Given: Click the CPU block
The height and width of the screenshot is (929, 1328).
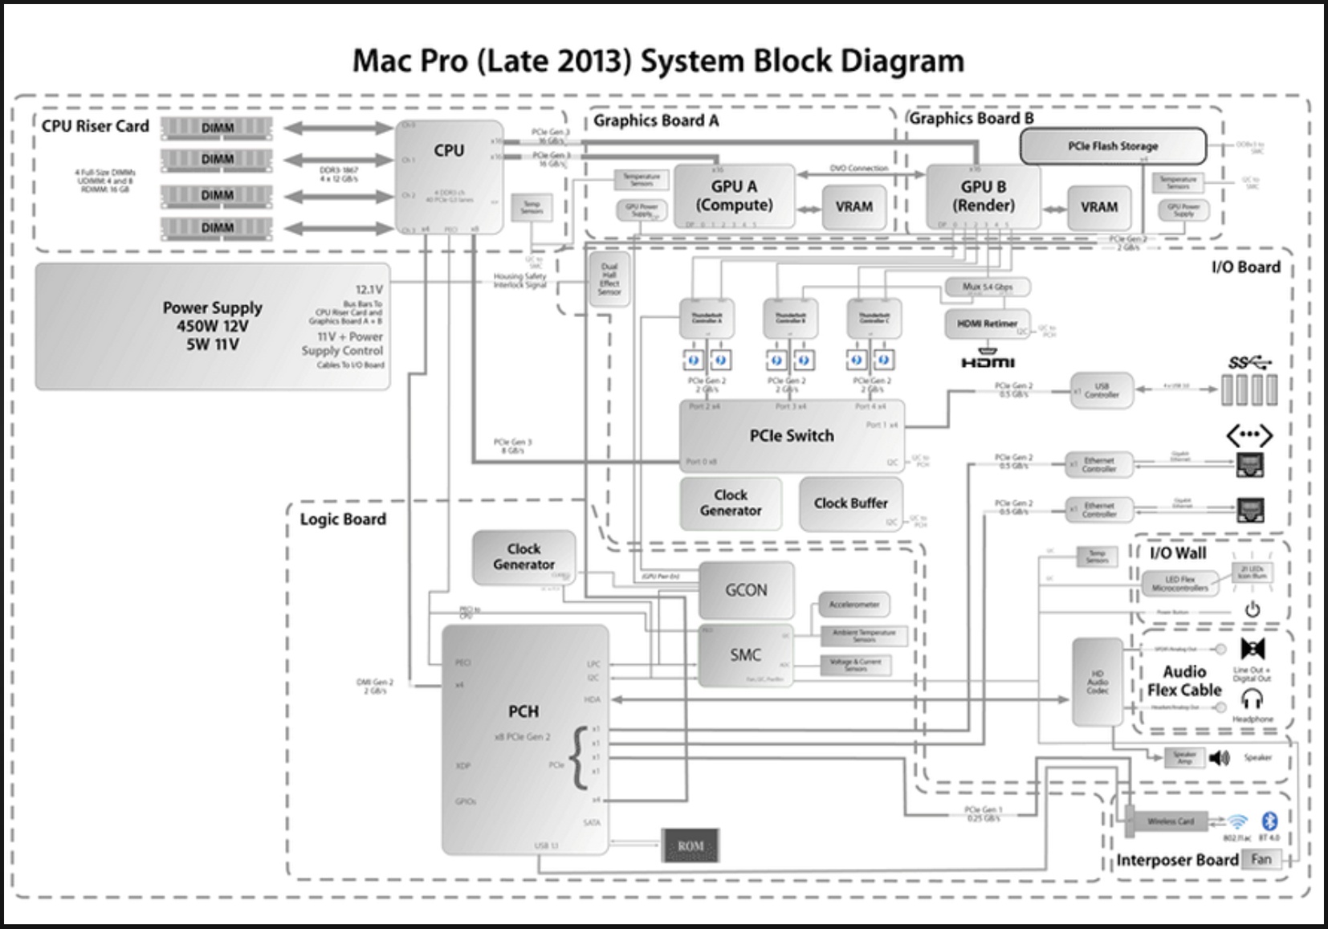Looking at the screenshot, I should pyautogui.click(x=449, y=177).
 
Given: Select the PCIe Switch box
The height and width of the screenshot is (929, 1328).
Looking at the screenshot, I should pyautogui.click(x=792, y=436).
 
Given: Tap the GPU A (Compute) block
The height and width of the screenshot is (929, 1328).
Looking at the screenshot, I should pyautogui.click(x=734, y=196).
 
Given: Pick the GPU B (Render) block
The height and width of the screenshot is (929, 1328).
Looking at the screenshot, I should pyautogui.click(x=983, y=196).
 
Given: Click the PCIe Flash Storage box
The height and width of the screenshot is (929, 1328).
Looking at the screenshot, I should pyautogui.click(x=1113, y=146).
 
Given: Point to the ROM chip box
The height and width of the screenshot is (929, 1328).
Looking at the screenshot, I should pyautogui.click(x=690, y=845).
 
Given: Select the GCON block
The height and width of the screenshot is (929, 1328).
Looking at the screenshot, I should pyautogui.click(x=746, y=590).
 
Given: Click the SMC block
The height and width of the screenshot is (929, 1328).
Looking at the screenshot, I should pyautogui.click(x=745, y=655).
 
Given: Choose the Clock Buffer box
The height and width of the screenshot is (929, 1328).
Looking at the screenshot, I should pyautogui.click(x=850, y=503).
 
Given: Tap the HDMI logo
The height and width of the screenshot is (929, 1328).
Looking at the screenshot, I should pyautogui.click(x=988, y=362).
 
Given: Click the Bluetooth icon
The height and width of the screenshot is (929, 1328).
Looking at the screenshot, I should pyautogui.click(x=1269, y=821).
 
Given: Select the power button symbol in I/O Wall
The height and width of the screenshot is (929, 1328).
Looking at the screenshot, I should pyautogui.click(x=1252, y=610).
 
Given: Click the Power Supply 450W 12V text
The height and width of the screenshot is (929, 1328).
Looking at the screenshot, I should pyautogui.click(x=213, y=326).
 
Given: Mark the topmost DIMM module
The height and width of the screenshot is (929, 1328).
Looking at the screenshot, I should pyautogui.click(x=217, y=128).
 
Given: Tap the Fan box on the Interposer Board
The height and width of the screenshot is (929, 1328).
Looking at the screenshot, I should pyautogui.click(x=1261, y=859).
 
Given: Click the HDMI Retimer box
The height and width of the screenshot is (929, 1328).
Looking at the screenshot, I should pyautogui.click(x=987, y=324).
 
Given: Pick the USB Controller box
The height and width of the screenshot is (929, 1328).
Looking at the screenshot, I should pyautogui.click(x=1101, y=390).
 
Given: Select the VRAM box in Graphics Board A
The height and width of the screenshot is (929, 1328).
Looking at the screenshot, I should pyautogui.click(x=853, y=206).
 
